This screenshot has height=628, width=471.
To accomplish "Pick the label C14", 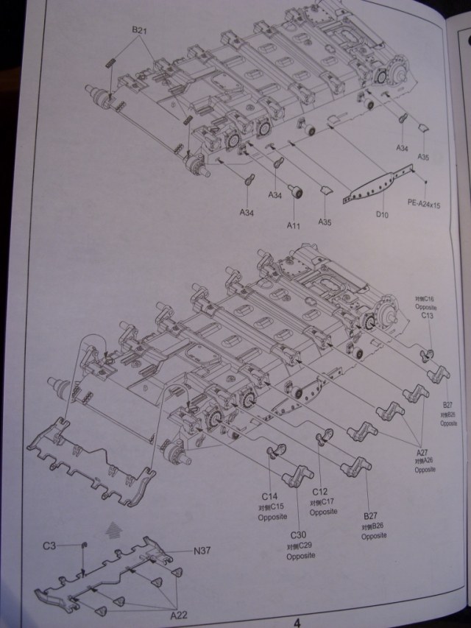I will pyautogui.click(x=269, y=497).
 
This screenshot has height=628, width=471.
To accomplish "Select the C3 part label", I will pyautogui.click(x=49, y=546).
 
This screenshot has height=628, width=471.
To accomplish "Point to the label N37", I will pyautogui.click(x=202, y=551).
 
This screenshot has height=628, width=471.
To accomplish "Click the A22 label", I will pyautogui.click(x=177, y=613).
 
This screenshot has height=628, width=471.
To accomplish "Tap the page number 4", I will pyautogui.click(x=297, y=621).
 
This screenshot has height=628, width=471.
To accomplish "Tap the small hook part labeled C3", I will pyautogui.click(x=84, y=545).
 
